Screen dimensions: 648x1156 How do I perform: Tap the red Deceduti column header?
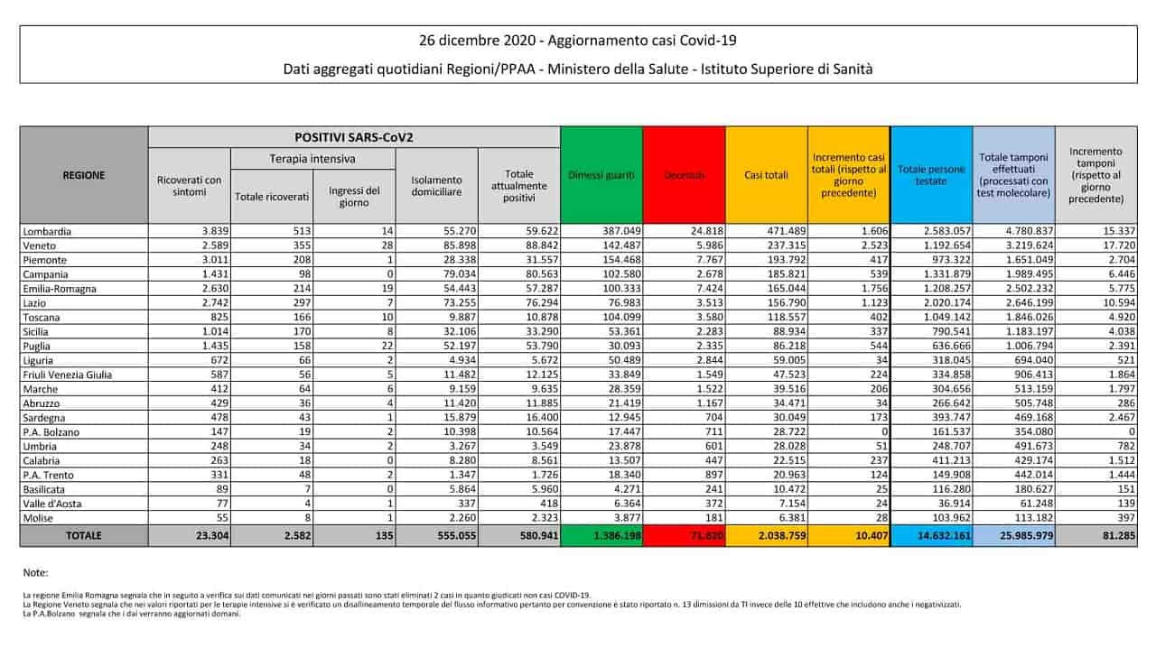coord(684,175)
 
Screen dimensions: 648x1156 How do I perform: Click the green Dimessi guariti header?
coord(601,175)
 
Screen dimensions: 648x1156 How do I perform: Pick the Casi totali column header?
coord(766,175)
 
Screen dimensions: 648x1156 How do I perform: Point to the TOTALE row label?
coord(83,536)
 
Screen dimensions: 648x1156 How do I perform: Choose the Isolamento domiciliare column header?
coord(436,186)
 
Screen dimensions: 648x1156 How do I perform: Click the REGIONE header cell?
coord(83,175)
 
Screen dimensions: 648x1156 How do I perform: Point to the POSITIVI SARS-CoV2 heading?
coord(354,136)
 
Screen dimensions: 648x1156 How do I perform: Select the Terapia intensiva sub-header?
coord(312,159)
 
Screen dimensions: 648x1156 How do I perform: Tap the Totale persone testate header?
coord(931,175)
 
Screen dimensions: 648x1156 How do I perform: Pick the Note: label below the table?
coord(36,573)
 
